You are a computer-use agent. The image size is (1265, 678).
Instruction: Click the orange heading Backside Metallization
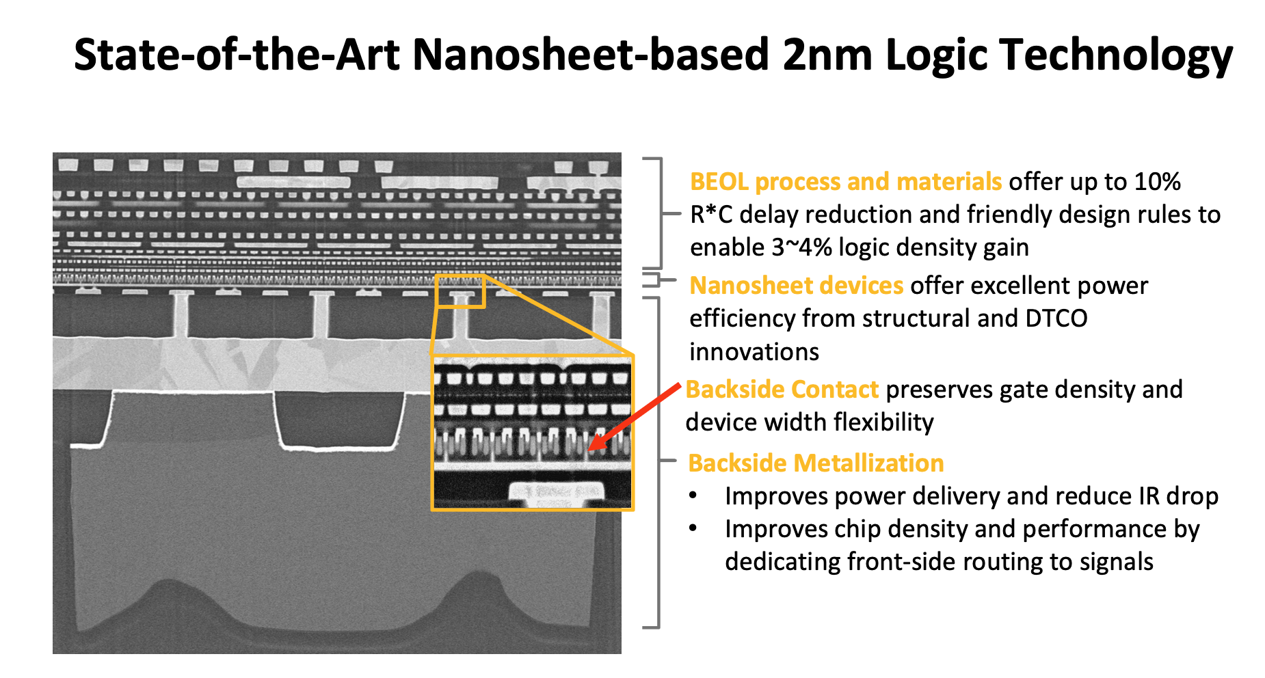click(816, 463)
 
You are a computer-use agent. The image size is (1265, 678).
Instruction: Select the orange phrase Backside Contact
click(782, 390)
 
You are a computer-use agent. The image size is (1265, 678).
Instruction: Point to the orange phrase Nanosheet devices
click(797, 286)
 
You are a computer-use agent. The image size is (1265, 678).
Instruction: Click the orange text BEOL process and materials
click(846, 182)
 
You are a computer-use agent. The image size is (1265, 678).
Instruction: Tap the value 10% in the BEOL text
click(1157, 182)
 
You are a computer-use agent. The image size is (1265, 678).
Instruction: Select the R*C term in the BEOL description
click(711, 215)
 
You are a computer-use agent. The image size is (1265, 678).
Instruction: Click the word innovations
click(754, 352)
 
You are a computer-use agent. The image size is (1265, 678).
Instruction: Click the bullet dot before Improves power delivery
click(694, 496)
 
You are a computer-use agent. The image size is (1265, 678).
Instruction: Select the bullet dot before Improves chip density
click(694, 528)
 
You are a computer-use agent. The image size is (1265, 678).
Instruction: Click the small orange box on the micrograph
click(460, 291)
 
